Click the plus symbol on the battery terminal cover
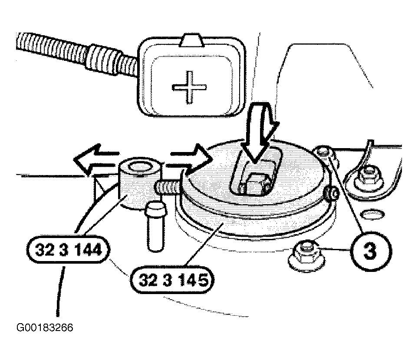click(189, 87)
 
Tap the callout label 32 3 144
click(69, 250)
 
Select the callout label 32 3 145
click(172, 280)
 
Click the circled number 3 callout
click(370, 251)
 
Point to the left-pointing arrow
click(96, 160)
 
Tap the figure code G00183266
click(45, 328)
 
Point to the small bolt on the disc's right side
click(331, 193)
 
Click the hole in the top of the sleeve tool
click(140, 168)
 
